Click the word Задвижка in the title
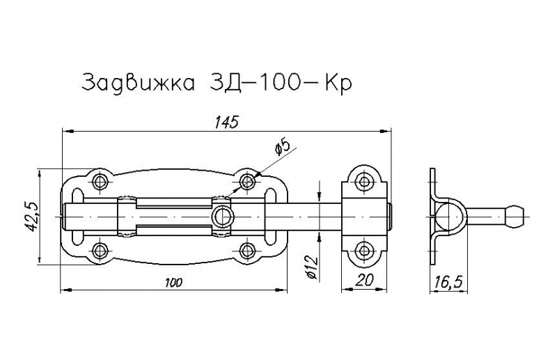[x=139, y=84]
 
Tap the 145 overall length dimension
[x=226, y=123]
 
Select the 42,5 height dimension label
[x=33, y=217]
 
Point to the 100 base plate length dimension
[x=173, y=283]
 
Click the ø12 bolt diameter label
[x=311, y=267]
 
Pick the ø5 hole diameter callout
[x=283, y=146]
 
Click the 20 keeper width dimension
[x=363, y=281]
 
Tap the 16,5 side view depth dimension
[x=448, y=282]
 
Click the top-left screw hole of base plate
[x=100, y=182]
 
